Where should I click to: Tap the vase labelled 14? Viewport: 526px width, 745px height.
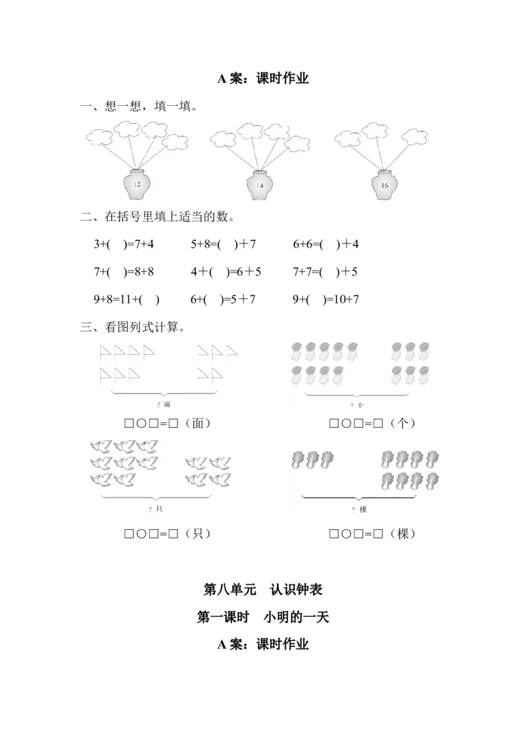click(x=260, y=185)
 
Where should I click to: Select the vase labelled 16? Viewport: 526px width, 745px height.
click(x=384, y=184)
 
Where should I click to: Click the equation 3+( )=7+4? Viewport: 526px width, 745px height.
click(x=124, y=244)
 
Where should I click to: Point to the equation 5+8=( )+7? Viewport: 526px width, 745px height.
click(x=223, y=244)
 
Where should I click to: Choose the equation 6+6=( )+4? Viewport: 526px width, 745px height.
click(x=325, y=244)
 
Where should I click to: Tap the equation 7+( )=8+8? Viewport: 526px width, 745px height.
click(x=124, y=272)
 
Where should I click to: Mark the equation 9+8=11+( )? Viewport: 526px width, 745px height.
click(x=126, y=299)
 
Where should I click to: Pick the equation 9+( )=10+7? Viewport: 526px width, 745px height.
click(x=325, y=299)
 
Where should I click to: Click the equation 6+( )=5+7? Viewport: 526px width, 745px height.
click(x=223, y=299)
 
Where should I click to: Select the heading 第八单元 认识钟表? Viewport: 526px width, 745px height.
click(x=263, y=590)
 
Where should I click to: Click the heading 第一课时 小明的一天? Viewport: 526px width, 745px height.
click(x=263, y=617)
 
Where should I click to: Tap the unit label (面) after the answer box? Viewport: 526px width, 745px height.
click(x=198, y=423)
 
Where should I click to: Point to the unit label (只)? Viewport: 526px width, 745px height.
click(x=198, y=534)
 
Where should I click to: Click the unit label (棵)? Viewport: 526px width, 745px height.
click(x=402, y=534)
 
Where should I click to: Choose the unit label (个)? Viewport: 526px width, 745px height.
click(x=402, y=423)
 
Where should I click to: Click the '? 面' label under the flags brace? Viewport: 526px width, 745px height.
click(x=163, y=404)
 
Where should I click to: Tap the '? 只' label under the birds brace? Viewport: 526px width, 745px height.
click(x=155, y=509)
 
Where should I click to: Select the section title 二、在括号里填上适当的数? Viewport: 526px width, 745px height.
click(x=158, y=217)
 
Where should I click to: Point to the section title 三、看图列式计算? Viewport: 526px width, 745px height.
click(x=132, y=327)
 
